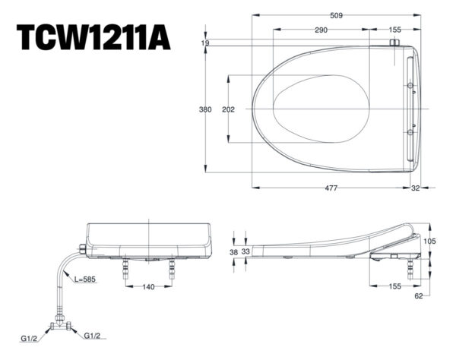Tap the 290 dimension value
(321, 30)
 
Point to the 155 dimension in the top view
(394, 30)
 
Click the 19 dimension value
(205, 43)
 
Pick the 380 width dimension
(205, 109)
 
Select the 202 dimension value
(228, 109)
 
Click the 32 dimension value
(415, 188)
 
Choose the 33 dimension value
(245, 251)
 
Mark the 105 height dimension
(431, 241)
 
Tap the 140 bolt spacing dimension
(150, 286)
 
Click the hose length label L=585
(86, 279)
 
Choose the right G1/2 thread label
(93, 335)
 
